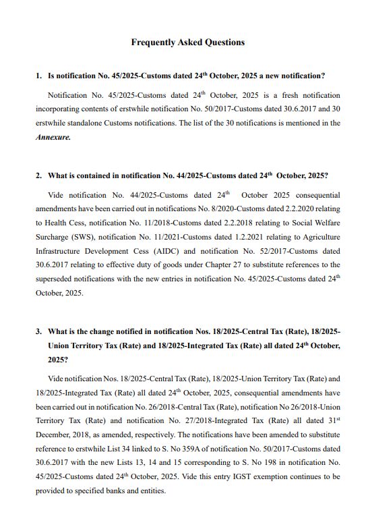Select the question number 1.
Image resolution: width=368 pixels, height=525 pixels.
point(38,76)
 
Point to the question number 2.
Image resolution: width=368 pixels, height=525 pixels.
point(38,175)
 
